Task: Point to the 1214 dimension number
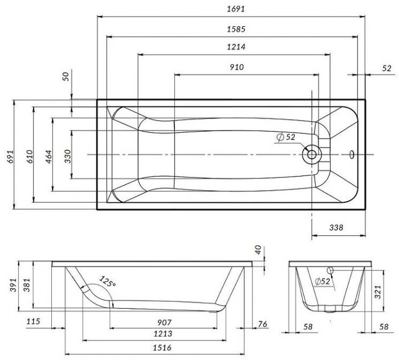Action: tap(233, 47)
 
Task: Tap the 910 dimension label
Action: tap(237, 67)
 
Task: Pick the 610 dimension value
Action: tap(29, 154)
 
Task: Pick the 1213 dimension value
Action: tap(162, 334)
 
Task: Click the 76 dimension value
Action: tap(262, 324)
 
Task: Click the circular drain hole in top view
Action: tap(312, 154)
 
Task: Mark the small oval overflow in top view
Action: tap(351, 154)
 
